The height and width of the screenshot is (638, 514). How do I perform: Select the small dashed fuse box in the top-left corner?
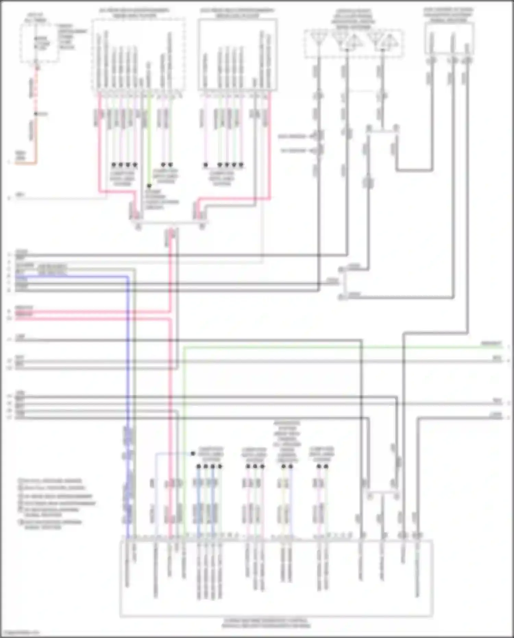pyautogui.click(x=39, y=43)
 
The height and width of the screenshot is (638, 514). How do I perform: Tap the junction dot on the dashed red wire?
pyautogui.click(x=36, y=114)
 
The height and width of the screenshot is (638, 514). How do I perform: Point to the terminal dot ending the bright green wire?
pyautogui.click(x=149, y=186)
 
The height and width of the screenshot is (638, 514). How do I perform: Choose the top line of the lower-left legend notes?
pyautogui.click(x=51, y=481)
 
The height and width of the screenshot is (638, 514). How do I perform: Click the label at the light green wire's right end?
pyautogui.click(x=491, y=344)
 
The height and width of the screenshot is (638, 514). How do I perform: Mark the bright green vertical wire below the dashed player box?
pyautogui.click(x=149, y=137)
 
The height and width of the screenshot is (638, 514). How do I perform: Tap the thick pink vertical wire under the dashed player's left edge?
pyautogui.click(x=100, y=144)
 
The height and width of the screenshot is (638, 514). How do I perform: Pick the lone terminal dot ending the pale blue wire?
pyautogui.click(x=193, y=454)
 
